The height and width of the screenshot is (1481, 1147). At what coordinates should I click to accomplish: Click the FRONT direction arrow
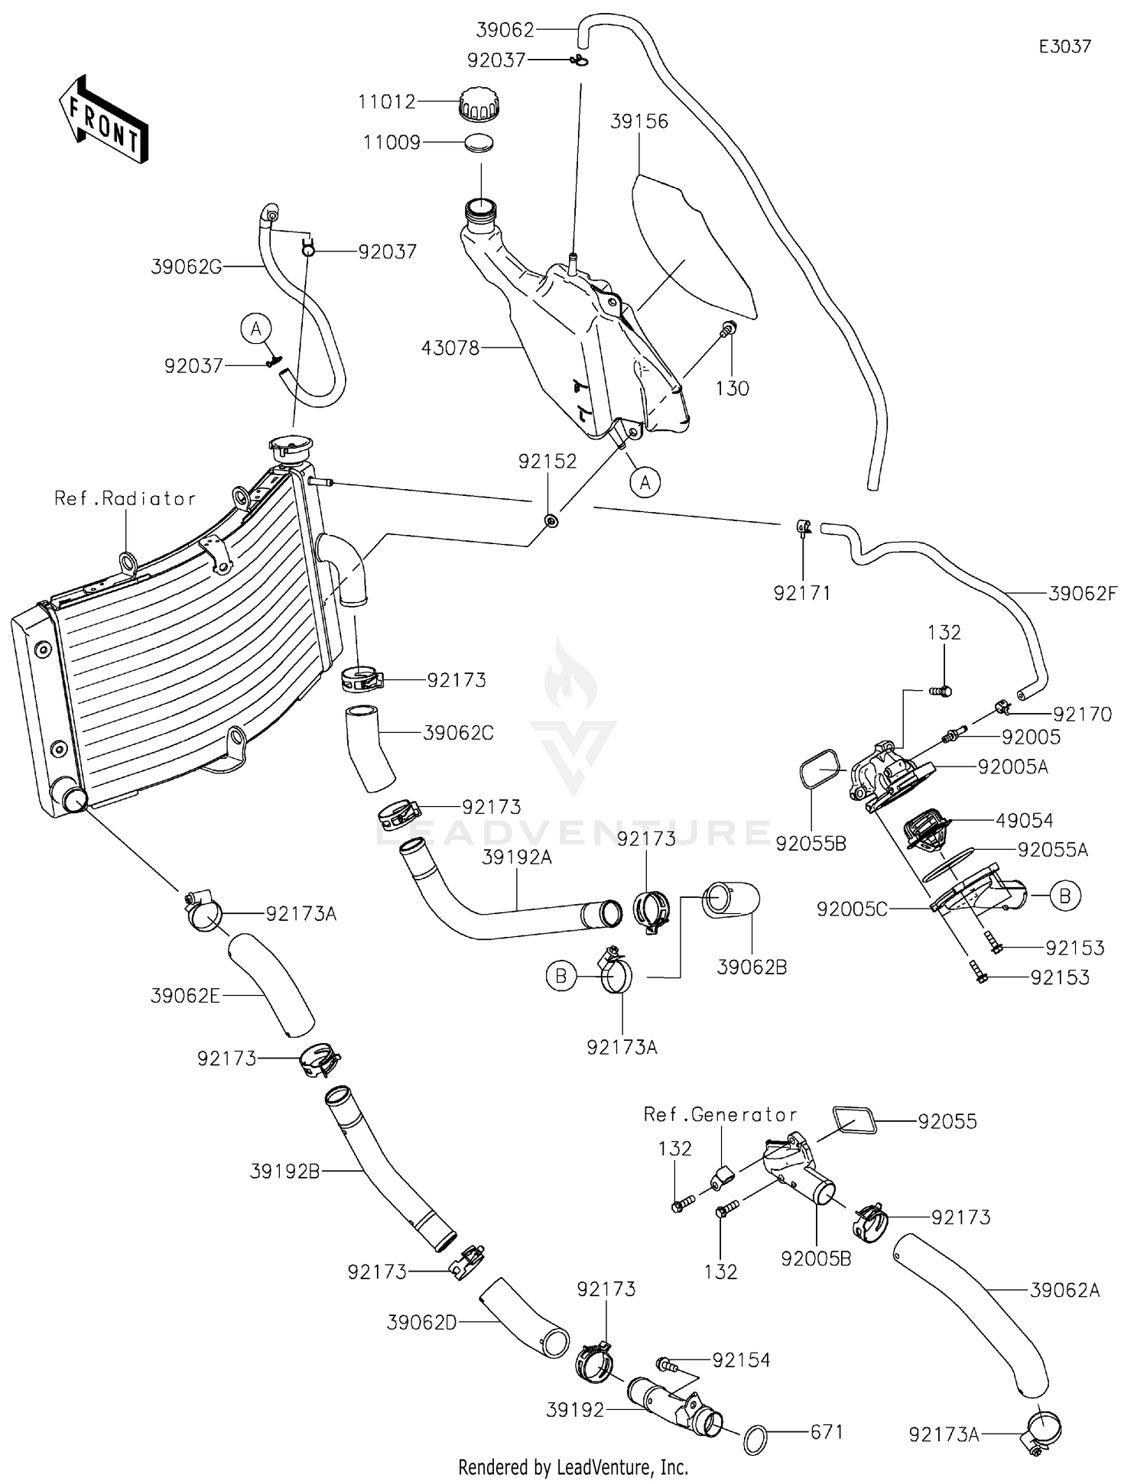[103, 119]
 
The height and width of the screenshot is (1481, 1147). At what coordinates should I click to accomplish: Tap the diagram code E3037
[1064, 47]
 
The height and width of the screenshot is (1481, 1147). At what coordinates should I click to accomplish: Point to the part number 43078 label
[450, 348]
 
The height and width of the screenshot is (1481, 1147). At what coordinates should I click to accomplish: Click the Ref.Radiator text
[125, 499]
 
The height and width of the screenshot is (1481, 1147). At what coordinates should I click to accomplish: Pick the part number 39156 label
[639, 122]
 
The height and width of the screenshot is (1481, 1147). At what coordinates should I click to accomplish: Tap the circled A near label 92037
[255, 329]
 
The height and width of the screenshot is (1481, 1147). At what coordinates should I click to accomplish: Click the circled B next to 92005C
[1064, 895]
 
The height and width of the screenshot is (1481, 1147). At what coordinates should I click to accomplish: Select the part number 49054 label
[1024, 821]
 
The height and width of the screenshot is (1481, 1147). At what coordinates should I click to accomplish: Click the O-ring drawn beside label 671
[757, 1439]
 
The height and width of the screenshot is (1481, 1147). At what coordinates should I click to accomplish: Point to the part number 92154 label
[741, 1359]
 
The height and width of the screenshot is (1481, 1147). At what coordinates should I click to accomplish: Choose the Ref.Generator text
[720, 1115]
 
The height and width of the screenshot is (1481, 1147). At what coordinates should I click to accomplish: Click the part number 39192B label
[284, 1171]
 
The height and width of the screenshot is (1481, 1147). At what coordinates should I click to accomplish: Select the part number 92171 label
[802, 593]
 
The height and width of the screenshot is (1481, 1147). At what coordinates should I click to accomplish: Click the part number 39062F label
[1083, 593]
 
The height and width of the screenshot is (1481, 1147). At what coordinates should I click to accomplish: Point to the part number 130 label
[732, 388]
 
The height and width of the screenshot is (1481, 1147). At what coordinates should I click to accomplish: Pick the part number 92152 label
[548, 462]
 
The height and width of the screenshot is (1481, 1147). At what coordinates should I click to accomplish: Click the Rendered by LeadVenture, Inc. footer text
[573, 1467]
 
